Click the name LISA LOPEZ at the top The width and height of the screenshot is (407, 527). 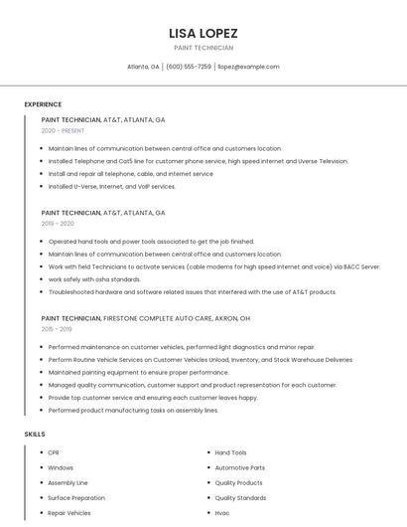click(x=203, y=33)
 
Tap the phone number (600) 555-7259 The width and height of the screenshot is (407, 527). click(x=189, y=67)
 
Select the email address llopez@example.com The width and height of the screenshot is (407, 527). click(x=248, y=67)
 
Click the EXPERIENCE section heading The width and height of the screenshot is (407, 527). click(x=43, y=104)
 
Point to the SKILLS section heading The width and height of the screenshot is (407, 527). click(x=35, y=435)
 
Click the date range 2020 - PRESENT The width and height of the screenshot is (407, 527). click(x=63, y=130)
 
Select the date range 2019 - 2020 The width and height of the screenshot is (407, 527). click(x=58, y=224)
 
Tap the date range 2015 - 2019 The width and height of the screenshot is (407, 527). click(x=57, y=329)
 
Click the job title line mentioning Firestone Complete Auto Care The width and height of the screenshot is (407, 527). click(x=146, y=318)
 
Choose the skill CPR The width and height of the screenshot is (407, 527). click(x=54, y=452)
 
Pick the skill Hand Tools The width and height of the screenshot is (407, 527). click(x=230, y=452)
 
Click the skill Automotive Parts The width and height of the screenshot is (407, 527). click(x=239, y=467)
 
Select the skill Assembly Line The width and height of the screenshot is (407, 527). click(x=68, y=482)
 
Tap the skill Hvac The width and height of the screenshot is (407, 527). click(x=222, y=513)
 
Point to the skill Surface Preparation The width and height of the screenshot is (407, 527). click(x=75, y=498)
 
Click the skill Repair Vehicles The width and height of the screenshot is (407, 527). click(x=68, y=513)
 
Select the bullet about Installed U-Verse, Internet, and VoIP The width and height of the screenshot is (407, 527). click(x=111, y=186)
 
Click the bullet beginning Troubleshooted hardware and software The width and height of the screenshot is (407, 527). click(x=192, y=292)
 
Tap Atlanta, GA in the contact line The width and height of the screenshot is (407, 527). click(x=143, y=67)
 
